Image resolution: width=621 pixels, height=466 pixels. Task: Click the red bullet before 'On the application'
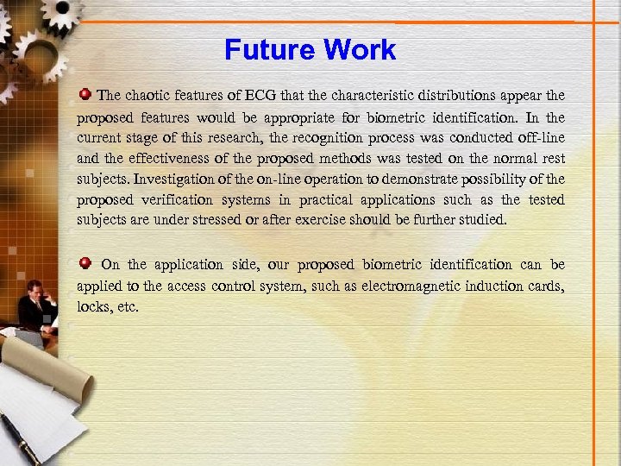pyautogui.click(x=85, y=262)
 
